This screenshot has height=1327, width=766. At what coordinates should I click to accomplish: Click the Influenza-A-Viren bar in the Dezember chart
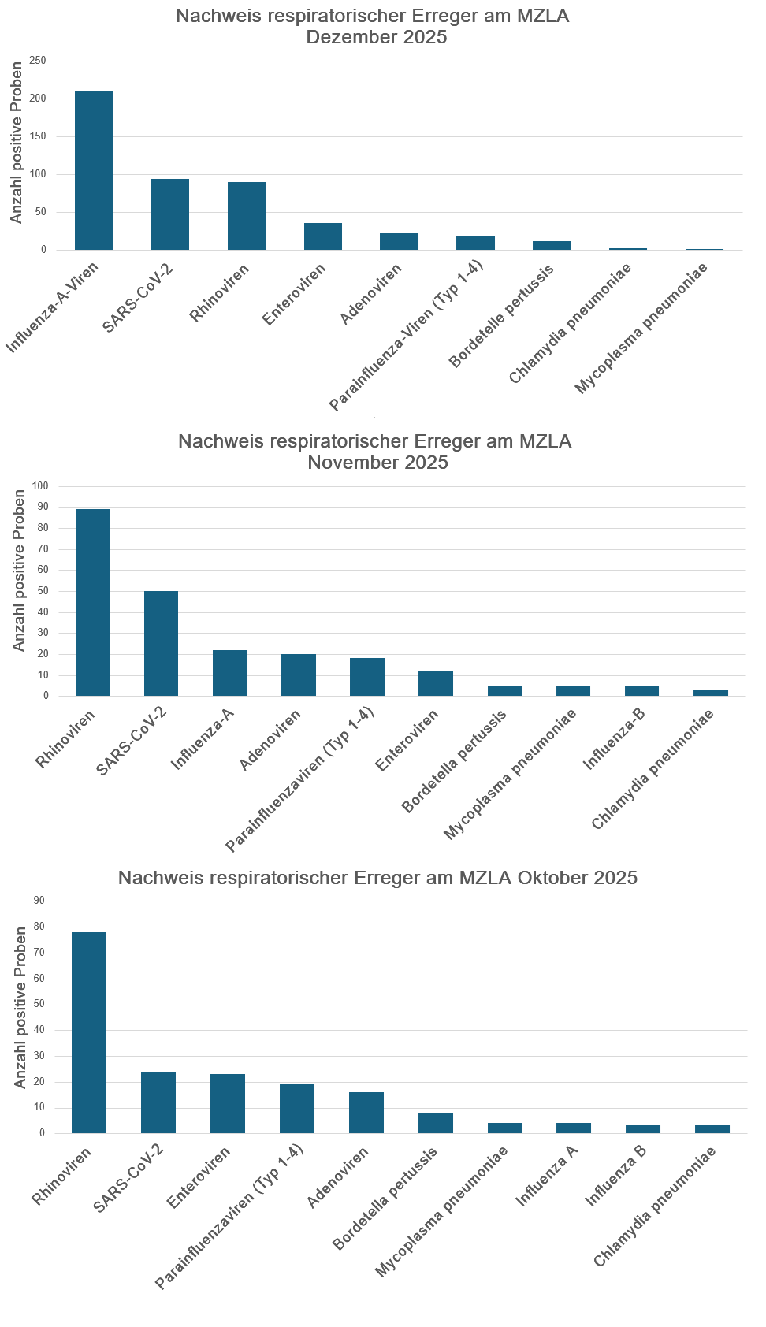[94, 170]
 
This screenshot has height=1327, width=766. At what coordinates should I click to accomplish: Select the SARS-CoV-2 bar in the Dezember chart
[170, 214]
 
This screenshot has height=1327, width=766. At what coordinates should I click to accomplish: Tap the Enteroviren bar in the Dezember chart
[323, 236]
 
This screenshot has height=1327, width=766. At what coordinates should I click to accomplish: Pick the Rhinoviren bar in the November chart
[92, 603]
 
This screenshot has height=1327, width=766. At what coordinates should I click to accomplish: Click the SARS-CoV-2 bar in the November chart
[161, 643]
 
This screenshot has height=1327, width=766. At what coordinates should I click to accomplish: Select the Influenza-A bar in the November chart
[230, 673]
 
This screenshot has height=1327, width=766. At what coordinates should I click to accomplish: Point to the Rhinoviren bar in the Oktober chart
[89, 1032]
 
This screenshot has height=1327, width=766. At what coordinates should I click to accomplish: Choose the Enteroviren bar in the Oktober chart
[228, 1103]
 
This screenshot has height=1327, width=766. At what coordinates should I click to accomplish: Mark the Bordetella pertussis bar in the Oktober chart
[436, 1123]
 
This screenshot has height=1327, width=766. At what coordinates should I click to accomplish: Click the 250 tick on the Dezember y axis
[39, 61]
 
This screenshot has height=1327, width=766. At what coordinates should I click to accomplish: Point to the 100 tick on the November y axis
[40, 486]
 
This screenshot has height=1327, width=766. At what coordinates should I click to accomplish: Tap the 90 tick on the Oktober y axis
[39, 901]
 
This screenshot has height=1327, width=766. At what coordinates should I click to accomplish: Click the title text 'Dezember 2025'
[377, 37]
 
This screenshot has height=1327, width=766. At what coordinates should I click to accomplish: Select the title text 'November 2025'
[377, 463]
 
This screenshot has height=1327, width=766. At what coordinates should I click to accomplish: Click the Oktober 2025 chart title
[377, 878]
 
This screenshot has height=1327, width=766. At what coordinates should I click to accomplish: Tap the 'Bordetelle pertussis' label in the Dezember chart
[501, 316]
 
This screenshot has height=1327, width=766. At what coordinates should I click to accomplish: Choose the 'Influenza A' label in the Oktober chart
[547, 1176]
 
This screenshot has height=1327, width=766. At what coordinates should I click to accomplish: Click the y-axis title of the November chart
[19, 571]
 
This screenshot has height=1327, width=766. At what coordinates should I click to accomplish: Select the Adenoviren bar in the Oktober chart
[366, 1113]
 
